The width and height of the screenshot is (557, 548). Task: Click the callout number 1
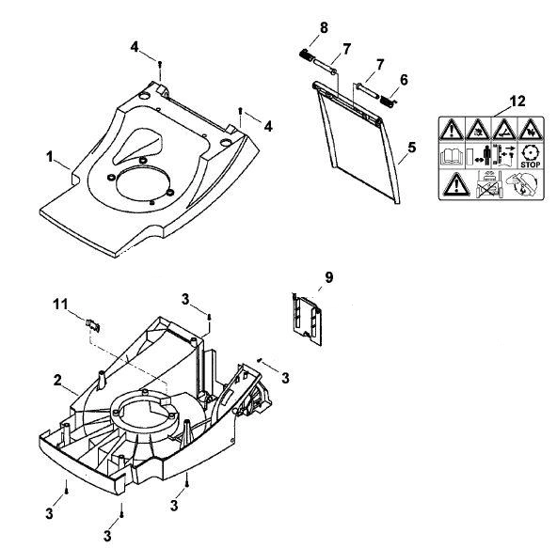pyautogui.click(x=50, y=157)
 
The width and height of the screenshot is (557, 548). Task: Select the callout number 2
pyautogui.click(x=57, y=380)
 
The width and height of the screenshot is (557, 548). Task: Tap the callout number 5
pyautogui.click(x=412, y=148)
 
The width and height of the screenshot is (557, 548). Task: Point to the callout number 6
pyautogui.click(x=404, y=80)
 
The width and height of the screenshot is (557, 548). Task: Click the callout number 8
pyautogui.click(x=324, y=27)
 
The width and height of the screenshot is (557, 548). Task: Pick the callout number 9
pyautogui.click(x=329, y=277)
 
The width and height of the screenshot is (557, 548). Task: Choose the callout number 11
pyautogui.click(x=60, y=305)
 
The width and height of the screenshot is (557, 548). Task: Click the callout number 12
pyautogui.click(x=517, y=102)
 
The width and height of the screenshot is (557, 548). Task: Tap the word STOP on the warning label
pyautogui.click(x=530, y=164)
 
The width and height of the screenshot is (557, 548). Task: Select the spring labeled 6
pyautogui.click(x=388, y=101)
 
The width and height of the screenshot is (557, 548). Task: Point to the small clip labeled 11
pyautogui.click(x=93, y=324)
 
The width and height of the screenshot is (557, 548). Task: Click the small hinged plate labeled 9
pyautogui.click(x=307, y=319)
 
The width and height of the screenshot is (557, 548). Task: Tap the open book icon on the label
pyautogui.click(x=452, y=157)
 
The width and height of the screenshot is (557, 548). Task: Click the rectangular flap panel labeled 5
pyautogui.click(x=357, y=142)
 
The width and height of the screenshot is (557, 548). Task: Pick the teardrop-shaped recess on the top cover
pyautogui.click(x=137, y=146)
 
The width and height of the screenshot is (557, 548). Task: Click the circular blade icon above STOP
pyautogui.click(x=530, y=153)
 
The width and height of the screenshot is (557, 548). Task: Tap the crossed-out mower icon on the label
pyautogui.click(x=488, y=184)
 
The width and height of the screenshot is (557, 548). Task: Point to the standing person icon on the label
pyautogui.click(x=486, y=155)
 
